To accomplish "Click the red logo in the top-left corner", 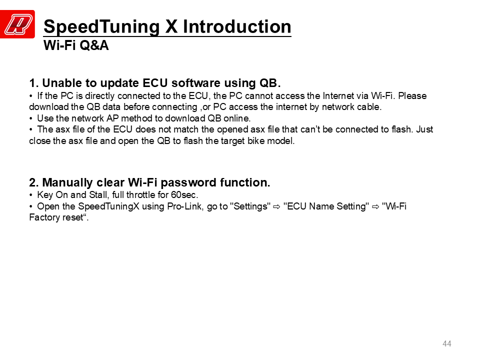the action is click(x=17, y=24).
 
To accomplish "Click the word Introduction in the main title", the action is click(x=237, y=26).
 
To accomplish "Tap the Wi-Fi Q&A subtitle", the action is click(x=76, y=45).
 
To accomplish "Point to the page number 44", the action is click(x=446, y=343).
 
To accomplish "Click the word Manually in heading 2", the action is click(x=67, y=183).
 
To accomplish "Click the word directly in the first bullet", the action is click(x=100, y=96).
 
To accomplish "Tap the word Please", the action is click(x=412, y=96).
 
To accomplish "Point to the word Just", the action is click(x=424, y=129).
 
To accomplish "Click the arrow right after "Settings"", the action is click(x=276, y=207).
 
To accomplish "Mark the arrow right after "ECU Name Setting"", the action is click(x=375, y=207).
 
